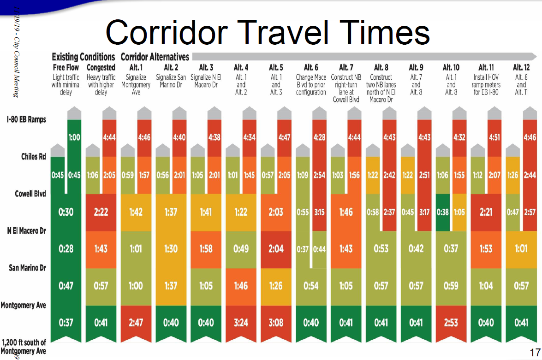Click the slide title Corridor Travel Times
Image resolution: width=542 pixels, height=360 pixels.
coord(268,33)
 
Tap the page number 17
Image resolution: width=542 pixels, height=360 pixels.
coord(535,353)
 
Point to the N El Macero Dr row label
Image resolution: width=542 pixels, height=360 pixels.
coord(26,230)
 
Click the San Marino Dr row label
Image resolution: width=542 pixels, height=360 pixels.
coord(28,267)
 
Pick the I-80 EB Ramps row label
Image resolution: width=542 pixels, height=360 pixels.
coord(26,120)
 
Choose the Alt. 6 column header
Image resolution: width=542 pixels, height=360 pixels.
coord(311,68)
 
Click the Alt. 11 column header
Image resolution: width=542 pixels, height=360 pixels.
coord(486,68)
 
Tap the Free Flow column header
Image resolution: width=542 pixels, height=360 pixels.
coord(66,68)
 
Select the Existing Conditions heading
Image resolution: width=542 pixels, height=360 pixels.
coord(83,57)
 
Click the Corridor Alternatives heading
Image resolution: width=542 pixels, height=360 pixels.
coord(155,57)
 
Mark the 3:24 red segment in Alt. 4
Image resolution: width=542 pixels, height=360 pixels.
coord(241,323)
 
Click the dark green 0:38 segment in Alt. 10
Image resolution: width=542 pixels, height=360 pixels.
coord(442,212)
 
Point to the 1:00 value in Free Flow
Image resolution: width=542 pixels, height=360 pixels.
coord(74,137)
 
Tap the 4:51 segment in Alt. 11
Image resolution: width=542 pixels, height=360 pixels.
coord(494,137)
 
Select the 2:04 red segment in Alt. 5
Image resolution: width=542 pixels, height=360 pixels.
coord(276,249)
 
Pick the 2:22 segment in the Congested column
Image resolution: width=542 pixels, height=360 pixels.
coord(101,212)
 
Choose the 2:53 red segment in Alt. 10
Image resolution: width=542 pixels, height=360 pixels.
coord(451,323)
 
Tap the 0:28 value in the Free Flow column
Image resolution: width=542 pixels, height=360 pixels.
coord(66,249)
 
